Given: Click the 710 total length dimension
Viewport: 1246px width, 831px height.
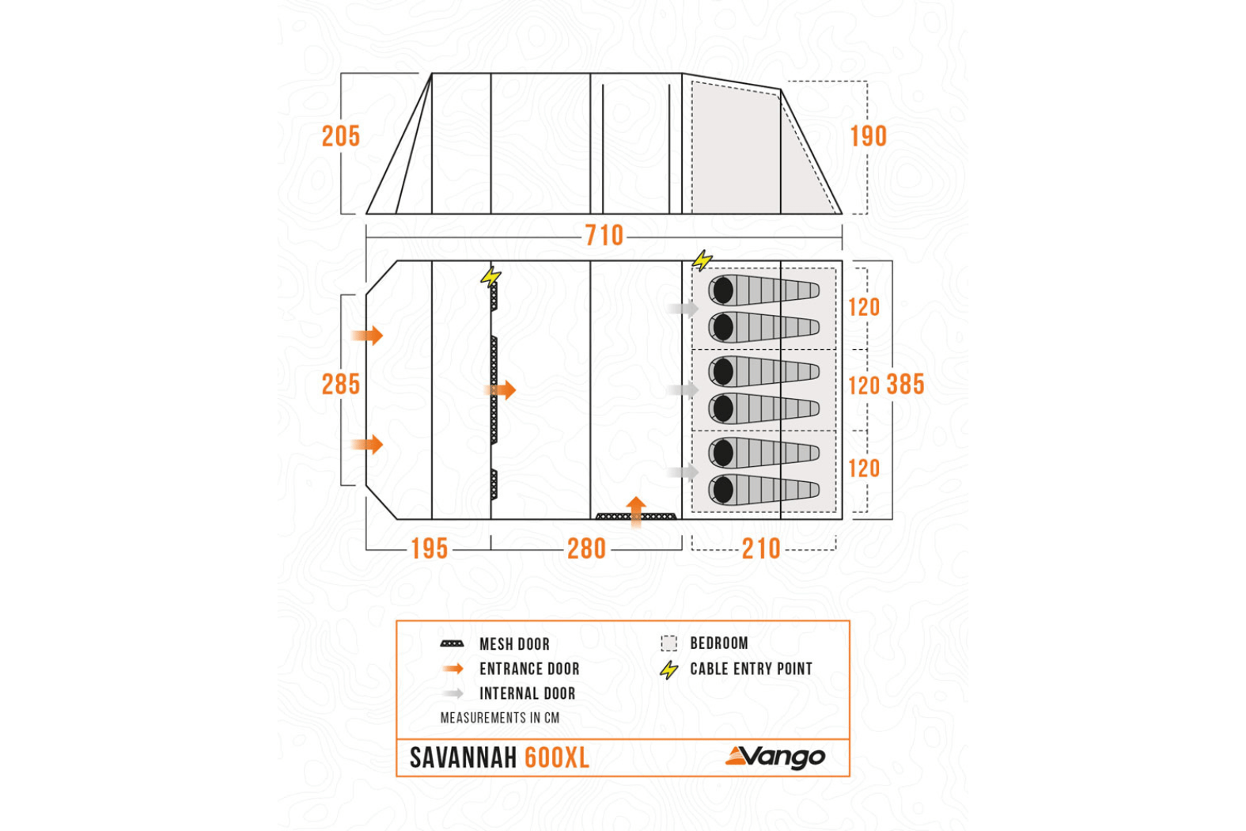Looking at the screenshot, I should click(604, 235).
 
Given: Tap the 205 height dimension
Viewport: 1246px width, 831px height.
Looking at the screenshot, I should click(340, 136).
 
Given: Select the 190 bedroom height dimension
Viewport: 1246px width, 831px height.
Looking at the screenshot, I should click(868, 136).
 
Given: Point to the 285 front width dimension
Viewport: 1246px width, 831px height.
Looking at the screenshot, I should click(340, 385).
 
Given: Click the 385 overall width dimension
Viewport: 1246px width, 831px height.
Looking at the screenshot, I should click(905, 385).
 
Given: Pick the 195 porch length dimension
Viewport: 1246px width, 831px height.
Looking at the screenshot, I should click(429, 548).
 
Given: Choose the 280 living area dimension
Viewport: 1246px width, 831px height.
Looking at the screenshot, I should click(586, 548).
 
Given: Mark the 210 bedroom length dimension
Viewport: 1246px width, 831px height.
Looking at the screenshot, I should click(761, 548).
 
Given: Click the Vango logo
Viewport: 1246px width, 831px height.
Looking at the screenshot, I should click(775, 757).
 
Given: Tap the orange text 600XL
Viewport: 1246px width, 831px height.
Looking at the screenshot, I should click(557, 758).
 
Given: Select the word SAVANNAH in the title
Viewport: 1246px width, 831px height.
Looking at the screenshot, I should click(463, 758).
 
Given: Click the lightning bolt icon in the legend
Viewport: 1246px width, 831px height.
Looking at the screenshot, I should click(669, 670).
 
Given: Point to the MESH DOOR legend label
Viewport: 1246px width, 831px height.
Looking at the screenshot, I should click(514, 644).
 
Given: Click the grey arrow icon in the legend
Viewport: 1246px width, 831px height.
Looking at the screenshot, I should click(453, 693).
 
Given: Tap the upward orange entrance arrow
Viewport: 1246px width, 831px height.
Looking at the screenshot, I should click(636, 510).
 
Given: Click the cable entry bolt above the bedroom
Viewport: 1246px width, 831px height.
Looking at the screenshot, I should click(702, 260).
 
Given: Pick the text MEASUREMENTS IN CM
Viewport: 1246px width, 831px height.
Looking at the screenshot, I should click(499, 718).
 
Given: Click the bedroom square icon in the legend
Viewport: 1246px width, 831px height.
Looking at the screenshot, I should click(669, 643).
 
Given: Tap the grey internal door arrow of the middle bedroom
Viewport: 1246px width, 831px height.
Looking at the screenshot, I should click(683, 389).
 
